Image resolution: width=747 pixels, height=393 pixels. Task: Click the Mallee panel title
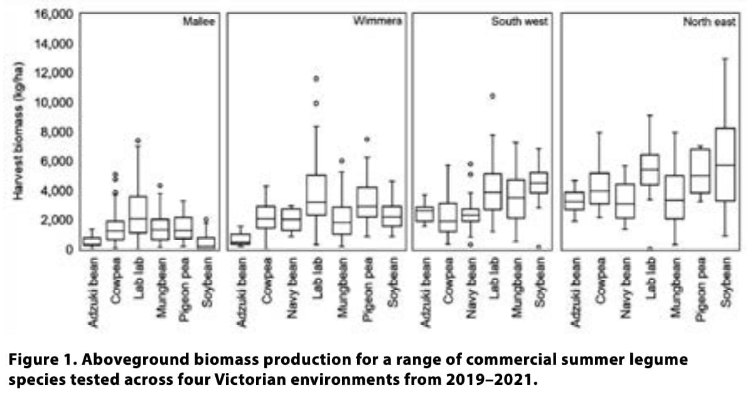click(x=198, y=21)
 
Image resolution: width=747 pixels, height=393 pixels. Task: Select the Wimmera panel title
click(x=377, y=21)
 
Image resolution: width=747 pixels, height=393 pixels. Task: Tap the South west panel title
click(x=519, y=21)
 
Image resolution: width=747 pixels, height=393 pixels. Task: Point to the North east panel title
click(x=709, y=21)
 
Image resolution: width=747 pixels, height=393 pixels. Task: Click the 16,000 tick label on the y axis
click(x=56, y=14)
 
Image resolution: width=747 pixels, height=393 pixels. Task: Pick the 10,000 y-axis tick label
click(x=56, y=102)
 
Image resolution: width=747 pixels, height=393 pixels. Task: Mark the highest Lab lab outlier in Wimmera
click(x=316, y=78)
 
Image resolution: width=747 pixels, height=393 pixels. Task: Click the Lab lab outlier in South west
click(x=493, y=96)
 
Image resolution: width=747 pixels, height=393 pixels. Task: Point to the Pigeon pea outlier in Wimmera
click(x=367, y=139)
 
